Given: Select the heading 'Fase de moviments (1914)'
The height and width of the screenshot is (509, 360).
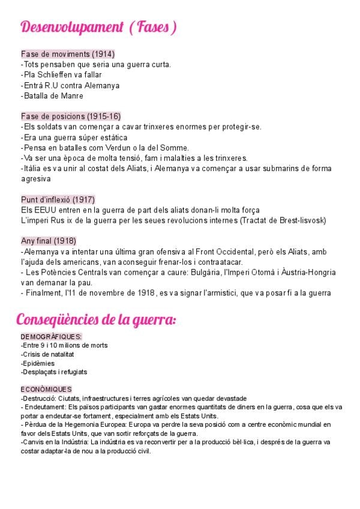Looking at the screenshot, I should pos(68,54).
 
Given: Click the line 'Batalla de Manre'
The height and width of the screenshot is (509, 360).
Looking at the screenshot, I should pos(52,95).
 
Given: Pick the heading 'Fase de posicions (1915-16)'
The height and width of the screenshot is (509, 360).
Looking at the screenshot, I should pos(71,116).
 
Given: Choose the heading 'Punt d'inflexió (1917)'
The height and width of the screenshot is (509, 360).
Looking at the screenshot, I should pos(58,199).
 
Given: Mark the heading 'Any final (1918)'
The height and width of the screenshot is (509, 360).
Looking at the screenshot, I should pos(49,241).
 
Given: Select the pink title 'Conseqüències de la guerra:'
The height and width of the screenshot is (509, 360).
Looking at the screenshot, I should pos(96,319).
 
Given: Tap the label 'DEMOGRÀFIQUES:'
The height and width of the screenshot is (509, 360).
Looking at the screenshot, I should pos(51,337).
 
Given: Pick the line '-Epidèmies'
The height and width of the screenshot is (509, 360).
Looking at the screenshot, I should pos(38,363).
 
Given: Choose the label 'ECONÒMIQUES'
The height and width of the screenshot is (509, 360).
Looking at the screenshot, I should pos(46,390).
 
